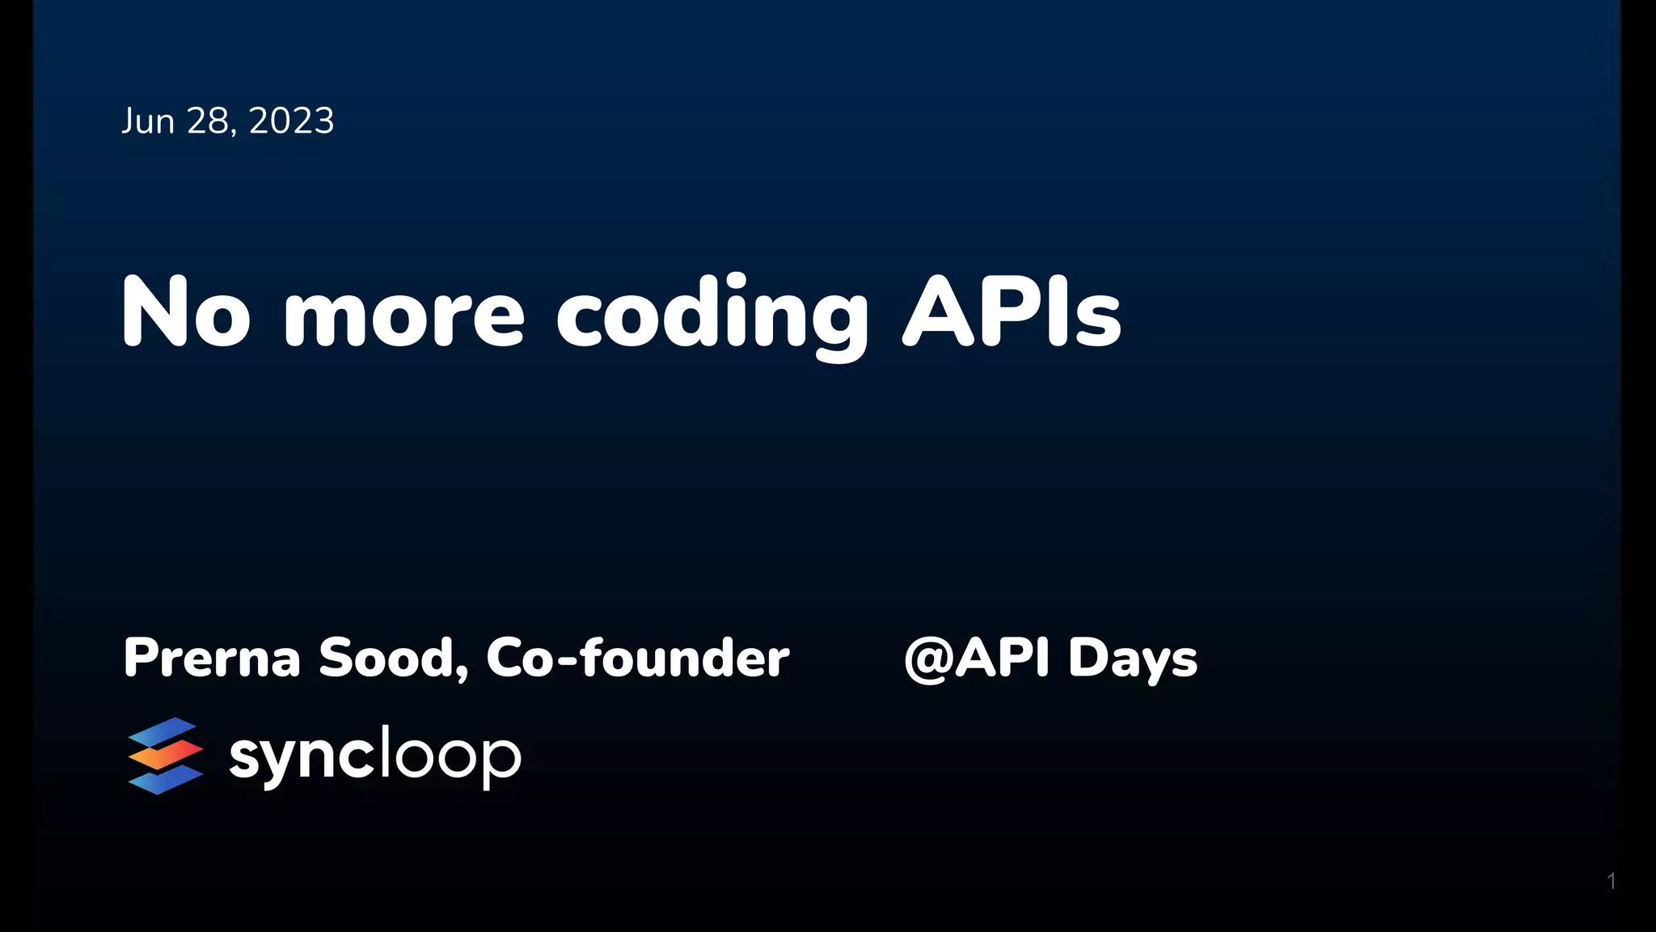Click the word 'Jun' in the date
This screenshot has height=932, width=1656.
(x=148, y=121)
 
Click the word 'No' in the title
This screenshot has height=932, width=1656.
(x=185, y=312)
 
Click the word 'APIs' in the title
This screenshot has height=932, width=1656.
(x=1012, y=312)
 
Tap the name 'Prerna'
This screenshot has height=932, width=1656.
(x=212, y=658)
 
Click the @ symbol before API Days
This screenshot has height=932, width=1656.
(x=928, y=659)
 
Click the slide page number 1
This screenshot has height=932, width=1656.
(x=1612, y=881)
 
